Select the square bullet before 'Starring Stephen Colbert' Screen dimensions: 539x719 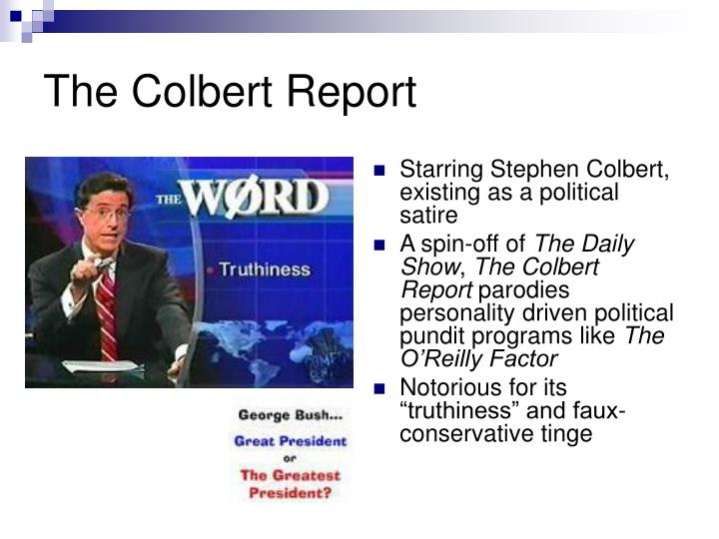tap(379, 171)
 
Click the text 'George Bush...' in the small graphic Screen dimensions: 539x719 tap(289, 411)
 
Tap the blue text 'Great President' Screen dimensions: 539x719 tap(291, 439)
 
